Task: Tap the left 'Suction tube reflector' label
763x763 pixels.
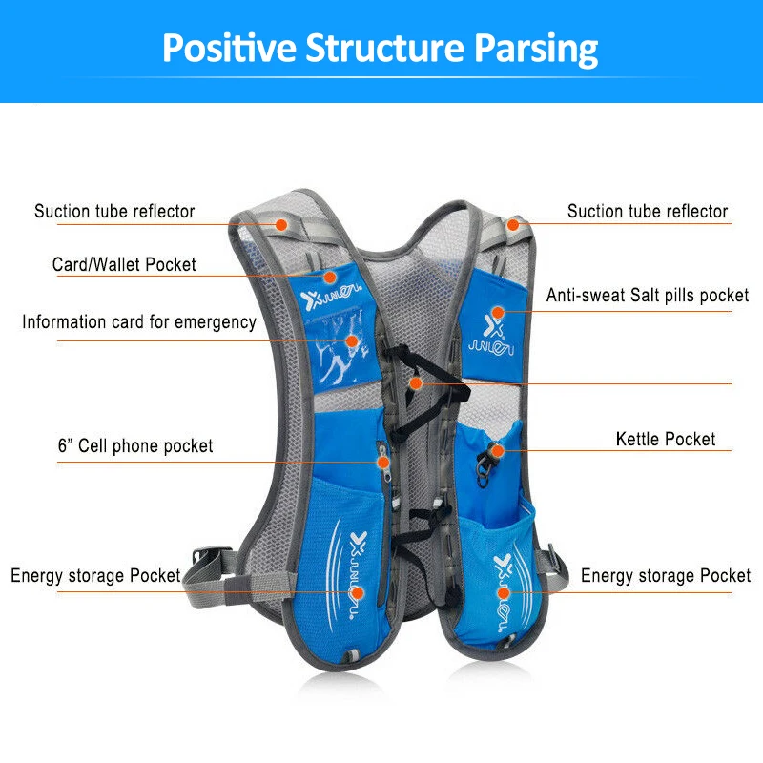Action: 114,212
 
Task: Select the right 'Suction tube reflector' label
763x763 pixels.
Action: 648,212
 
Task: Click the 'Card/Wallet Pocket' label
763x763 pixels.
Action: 124,264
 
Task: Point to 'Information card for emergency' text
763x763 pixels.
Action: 139,322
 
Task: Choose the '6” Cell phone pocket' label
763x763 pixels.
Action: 134,446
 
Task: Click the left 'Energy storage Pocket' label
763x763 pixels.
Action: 95,576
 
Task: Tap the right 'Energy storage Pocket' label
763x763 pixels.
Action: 666,576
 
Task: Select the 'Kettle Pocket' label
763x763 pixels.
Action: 666,440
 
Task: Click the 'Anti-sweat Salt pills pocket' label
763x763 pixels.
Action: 648,297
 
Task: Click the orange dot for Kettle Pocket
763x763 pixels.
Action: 497,450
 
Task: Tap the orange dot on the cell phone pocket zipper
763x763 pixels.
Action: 382,463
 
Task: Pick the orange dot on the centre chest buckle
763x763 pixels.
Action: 414,382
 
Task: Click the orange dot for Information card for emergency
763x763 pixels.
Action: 351,340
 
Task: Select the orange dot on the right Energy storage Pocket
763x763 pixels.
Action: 503,592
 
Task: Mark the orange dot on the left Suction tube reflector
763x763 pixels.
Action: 281,224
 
